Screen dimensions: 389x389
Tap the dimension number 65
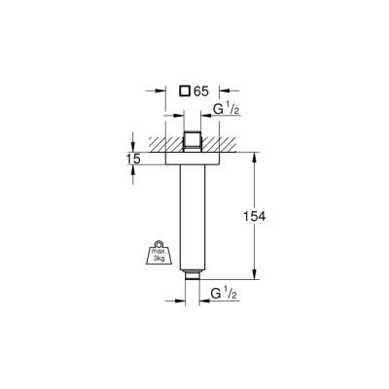click(201, 91)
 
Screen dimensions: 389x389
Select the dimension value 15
click(133, 158)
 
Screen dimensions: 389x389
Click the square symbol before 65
click(185, 91)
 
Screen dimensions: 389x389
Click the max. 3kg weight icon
click(157, 255)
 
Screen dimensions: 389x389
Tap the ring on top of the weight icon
click(157, 243)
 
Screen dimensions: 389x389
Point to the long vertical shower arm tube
click(193, 214)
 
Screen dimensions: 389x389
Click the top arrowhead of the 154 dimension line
click(256, 154)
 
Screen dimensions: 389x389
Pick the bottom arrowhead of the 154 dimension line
click(256, 277)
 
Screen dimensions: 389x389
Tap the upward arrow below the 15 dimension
click(133, 169)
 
